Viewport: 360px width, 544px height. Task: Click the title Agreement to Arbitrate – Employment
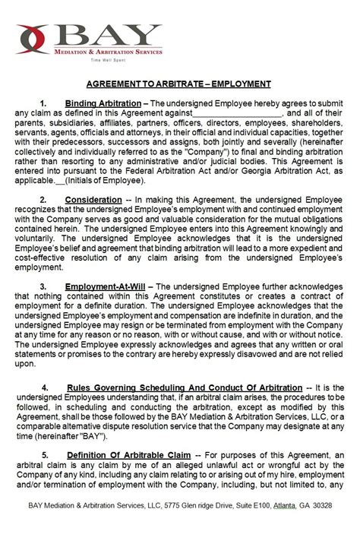180,84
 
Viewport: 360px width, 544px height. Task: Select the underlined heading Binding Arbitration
103,103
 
